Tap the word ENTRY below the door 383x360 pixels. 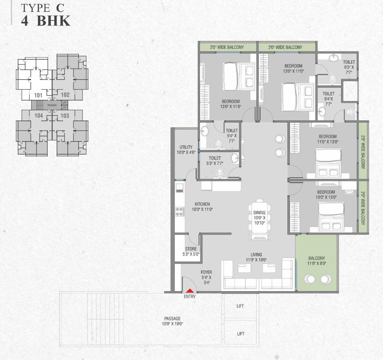tap(190, 297)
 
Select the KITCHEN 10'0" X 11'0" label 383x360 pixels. tap(202, 206)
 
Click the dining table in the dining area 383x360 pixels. tap(259, 218)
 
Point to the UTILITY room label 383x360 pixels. tap(186, 149)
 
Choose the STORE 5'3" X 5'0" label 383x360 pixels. tap(191, 252)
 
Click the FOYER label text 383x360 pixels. tap(207, 272)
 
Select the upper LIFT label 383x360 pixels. tap(240, 306)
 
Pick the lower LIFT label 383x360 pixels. tap(240, 334)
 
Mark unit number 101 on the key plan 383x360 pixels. tap(38, 95)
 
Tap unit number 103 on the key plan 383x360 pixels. tap(65, 116)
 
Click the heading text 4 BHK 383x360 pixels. tap(46, 21)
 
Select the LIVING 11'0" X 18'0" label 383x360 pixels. tap(256, 257)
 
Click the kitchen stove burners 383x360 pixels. tap(180, 211)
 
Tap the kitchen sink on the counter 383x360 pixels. tap(179, 187)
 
